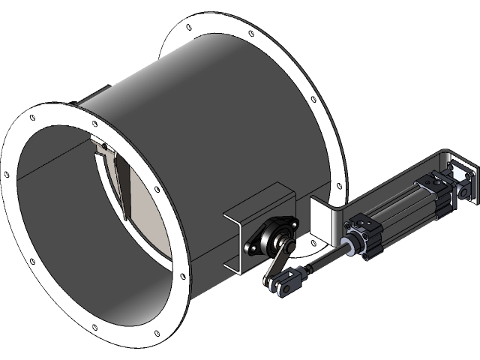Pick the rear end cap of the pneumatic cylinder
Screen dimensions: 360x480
point(436,184)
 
